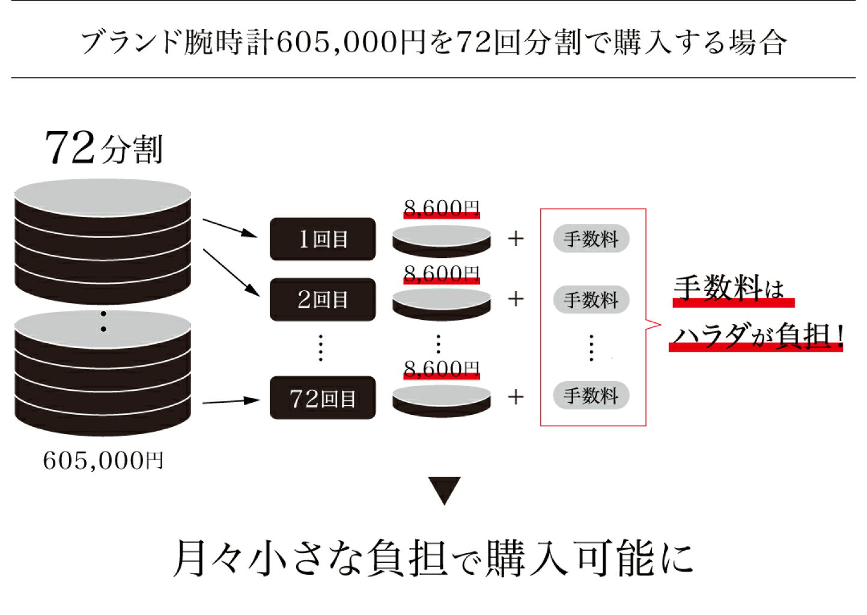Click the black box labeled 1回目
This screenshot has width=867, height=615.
point(323,239)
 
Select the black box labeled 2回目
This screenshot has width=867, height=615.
point(323,299)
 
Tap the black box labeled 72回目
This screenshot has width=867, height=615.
point(323,398)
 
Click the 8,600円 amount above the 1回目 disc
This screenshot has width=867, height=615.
point(442,208)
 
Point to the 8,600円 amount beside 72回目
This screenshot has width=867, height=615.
point(442,368)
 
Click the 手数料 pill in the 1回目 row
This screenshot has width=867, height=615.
point(591,239)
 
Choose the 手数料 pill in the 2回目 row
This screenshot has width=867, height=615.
point(591,299)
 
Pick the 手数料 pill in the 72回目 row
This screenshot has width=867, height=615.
point(591,396)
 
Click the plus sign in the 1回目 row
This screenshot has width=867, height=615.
point(516,239)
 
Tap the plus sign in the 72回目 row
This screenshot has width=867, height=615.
point(516,397)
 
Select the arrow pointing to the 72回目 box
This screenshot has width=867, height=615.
point(231,401)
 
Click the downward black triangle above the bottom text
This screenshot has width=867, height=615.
point(444,489)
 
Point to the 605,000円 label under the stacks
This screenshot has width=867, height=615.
point(103,460)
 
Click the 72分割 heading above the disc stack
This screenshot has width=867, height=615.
point(103,148)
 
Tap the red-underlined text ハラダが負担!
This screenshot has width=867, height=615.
point(757,335)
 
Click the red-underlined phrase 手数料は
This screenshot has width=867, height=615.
point(729,288)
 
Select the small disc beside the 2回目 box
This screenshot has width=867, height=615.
point(442,304)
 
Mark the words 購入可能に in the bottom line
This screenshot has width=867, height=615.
point(589,558)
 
